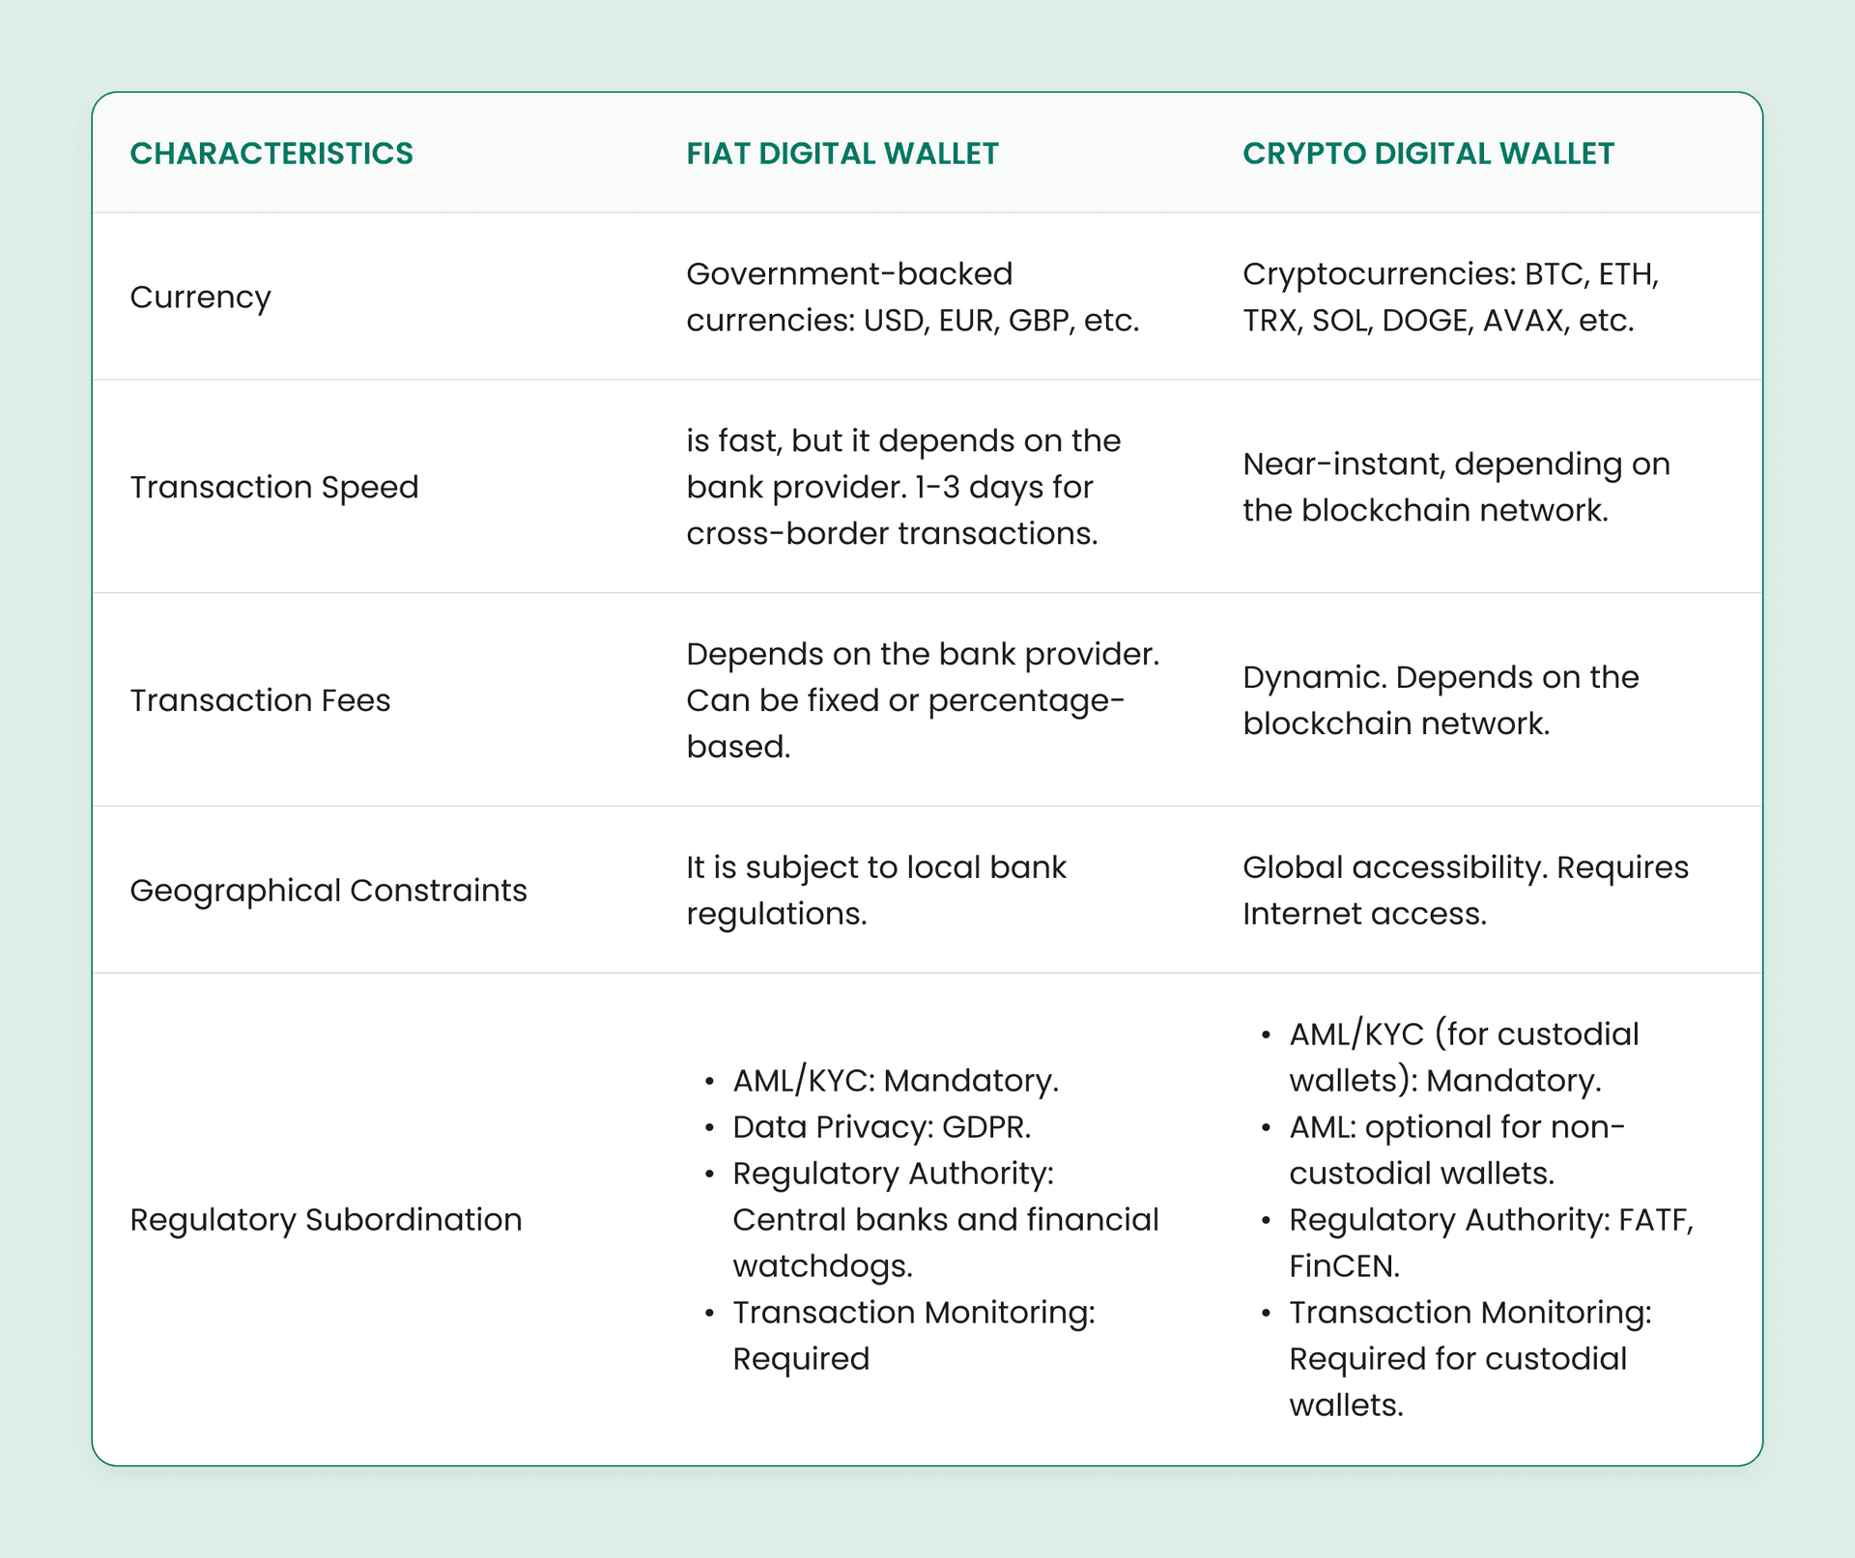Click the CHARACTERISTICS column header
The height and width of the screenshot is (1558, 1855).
pos(271,154)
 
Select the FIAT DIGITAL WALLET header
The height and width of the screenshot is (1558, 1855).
pos(842,154)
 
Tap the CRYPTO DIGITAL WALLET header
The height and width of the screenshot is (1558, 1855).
pos(1428,154)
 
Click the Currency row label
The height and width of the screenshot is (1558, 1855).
pos(200,297)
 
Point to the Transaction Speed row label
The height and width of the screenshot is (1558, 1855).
pos(274,487)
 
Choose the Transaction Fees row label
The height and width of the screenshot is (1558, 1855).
pos(260,700)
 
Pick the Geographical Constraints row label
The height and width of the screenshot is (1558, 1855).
pos(328,891)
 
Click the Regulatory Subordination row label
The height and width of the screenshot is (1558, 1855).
pos(326,1220)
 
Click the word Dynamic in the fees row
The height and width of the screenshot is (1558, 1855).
pos(1314,678)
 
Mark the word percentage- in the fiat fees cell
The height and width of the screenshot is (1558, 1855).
pos(1026,701)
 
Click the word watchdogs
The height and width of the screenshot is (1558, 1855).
pos(822,1266)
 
